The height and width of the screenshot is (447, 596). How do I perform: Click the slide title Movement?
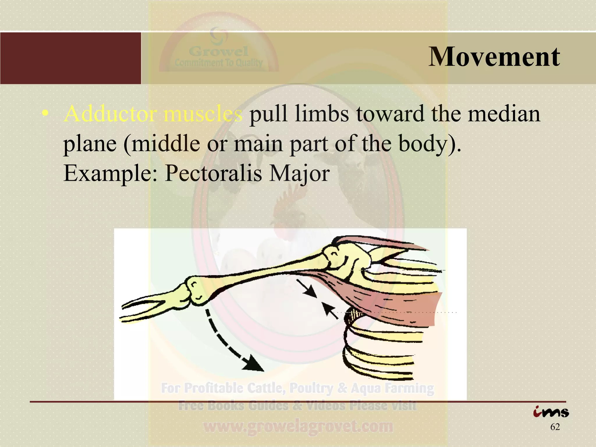[x=494, y=57]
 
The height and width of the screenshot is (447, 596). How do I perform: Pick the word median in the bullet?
[x=504, y=114]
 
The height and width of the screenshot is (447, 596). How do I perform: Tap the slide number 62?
[x=555, y=427]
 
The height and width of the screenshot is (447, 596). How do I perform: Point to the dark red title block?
[x=70, y=58]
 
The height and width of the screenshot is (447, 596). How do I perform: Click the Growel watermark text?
[x=219, y=52]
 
